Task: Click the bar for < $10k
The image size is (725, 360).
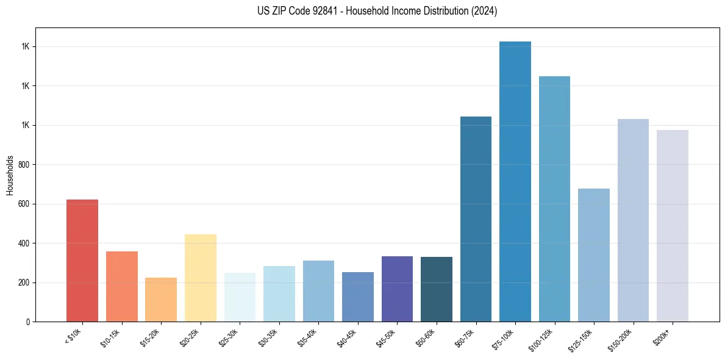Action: [x=82, y=261]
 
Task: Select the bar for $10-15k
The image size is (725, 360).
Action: [x=121, y=286]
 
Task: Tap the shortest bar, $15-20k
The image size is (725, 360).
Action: [x=161, y=300]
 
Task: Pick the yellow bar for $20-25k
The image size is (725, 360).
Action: [x=200, y=278]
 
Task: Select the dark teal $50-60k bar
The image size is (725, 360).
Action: [x=437, y=289]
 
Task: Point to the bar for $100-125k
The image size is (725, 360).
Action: [x=554, y=199]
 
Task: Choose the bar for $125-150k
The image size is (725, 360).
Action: [x=594, y=255]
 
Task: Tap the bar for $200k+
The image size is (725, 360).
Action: [x=673, y=226]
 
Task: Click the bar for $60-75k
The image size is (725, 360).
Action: [x=476, y=219]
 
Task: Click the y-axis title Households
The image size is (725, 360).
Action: [x=10, y=175]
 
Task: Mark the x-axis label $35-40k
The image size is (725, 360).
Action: [x=310, y=337]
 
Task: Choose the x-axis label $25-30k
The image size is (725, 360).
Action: [x=231, y=337]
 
